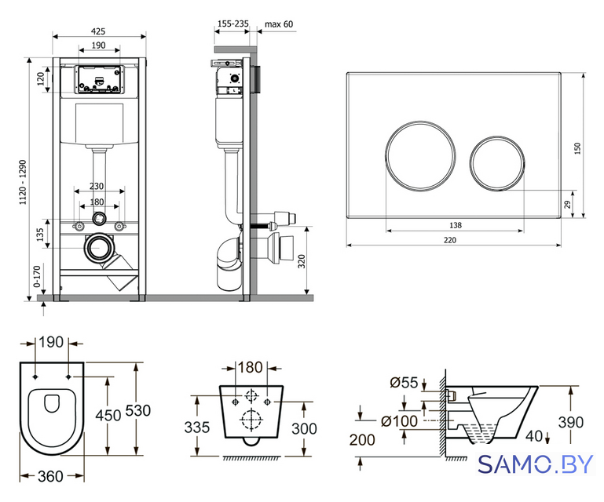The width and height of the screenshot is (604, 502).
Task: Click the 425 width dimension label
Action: click(x=99, y=31)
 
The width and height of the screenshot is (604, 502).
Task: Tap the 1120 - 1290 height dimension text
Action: click(x=24, y=182)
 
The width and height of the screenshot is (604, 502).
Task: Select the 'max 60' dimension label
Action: click(x=279, y=24)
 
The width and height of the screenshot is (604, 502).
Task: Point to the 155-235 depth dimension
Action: click(x=232, y=24)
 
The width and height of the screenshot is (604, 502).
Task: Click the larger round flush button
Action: click(x=420, y=156)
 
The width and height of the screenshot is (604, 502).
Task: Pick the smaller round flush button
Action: click(x=497, y=163)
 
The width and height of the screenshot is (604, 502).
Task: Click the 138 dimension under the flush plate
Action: click(x=456, y=225)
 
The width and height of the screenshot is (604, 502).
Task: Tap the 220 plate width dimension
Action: click(x=450, y=240)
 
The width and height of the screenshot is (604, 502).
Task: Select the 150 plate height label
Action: click(x=577, y=148)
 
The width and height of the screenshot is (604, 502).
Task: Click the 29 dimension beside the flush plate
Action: click(x=567, y=204)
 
